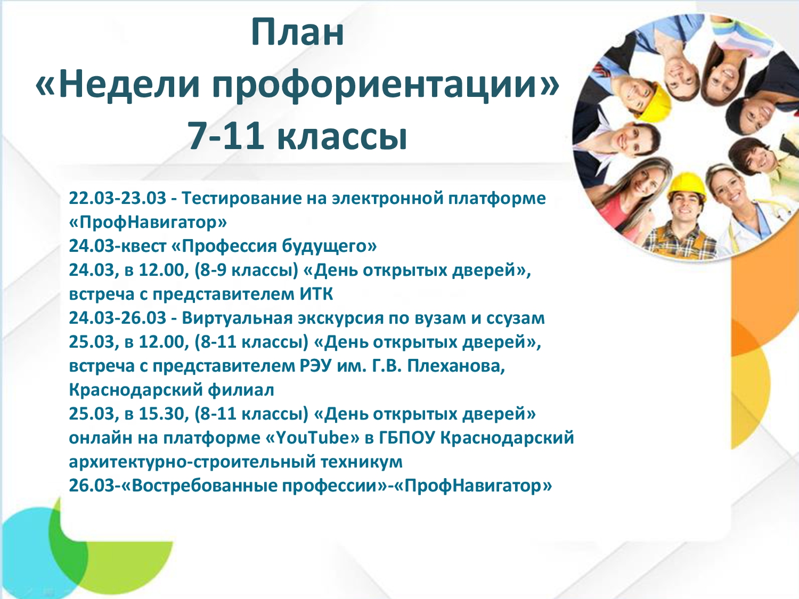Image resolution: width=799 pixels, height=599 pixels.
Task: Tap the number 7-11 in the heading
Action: (226, 136)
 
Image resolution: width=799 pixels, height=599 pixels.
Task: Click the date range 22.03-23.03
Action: (118, 198)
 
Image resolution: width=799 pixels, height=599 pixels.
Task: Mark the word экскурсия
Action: (341, 319)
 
